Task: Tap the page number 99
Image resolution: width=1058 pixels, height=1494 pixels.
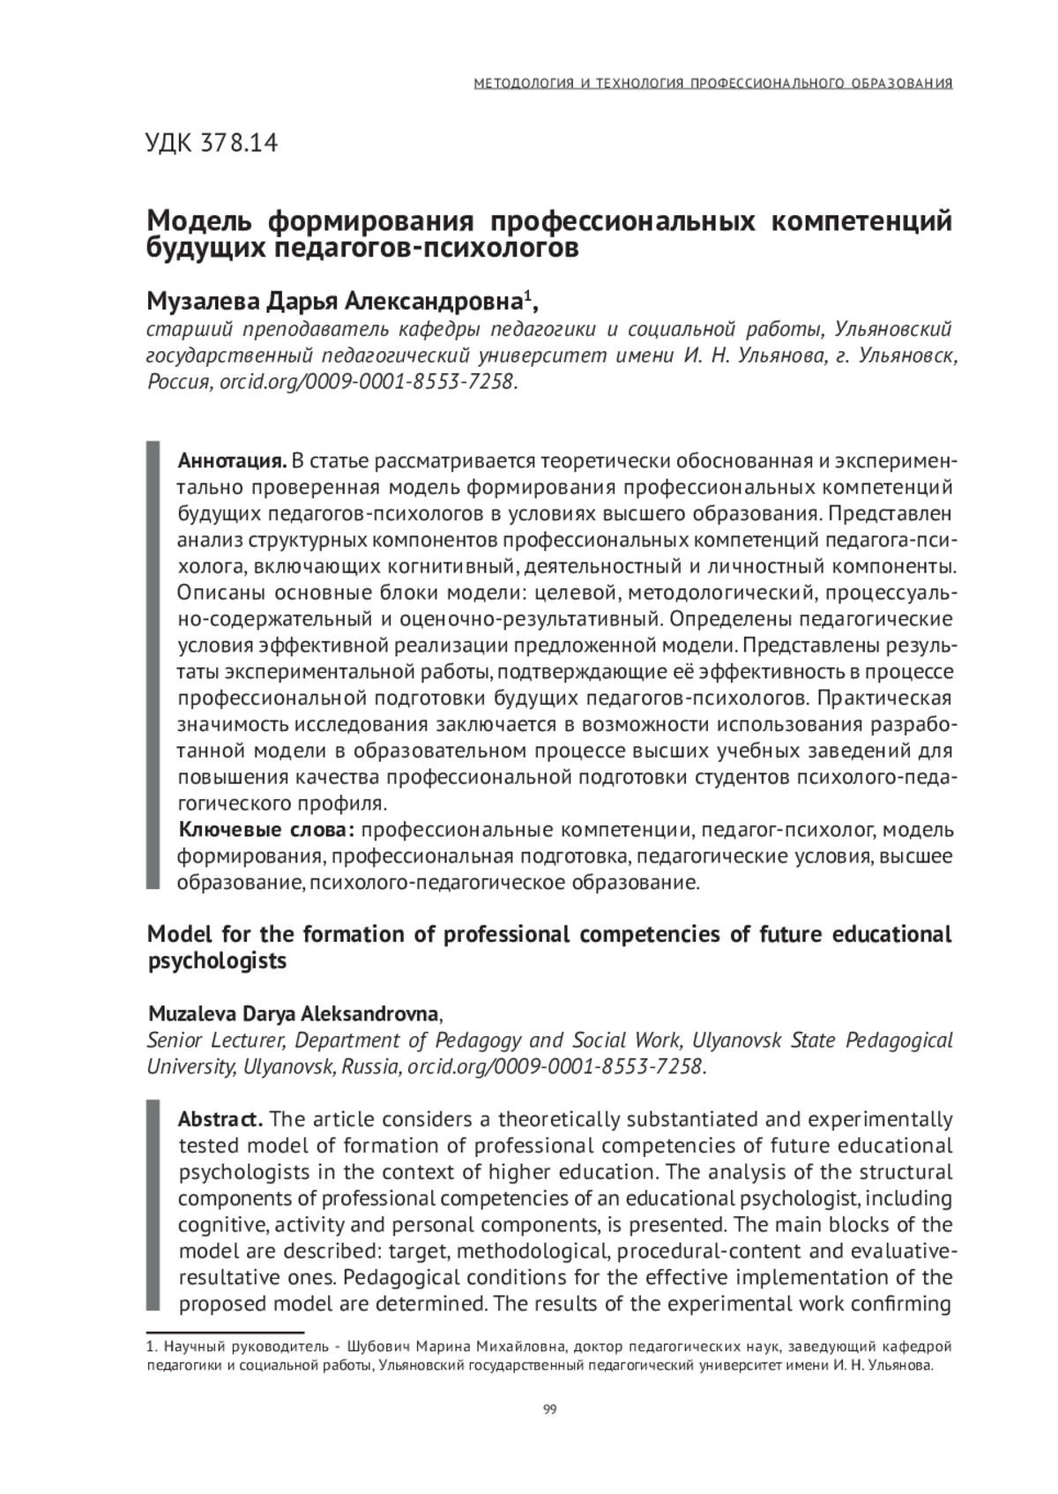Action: pos(550,1408)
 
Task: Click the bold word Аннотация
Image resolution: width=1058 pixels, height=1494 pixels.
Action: pos(232,461)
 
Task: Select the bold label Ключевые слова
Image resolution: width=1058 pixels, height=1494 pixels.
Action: pos(266,830)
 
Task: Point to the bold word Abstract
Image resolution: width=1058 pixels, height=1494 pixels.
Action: pos(220,1119)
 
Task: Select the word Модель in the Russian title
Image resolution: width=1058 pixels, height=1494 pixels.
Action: pos(199,220)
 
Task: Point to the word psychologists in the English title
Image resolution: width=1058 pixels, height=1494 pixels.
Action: pos(217,960)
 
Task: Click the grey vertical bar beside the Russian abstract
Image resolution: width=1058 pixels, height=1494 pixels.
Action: pos(153,666)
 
